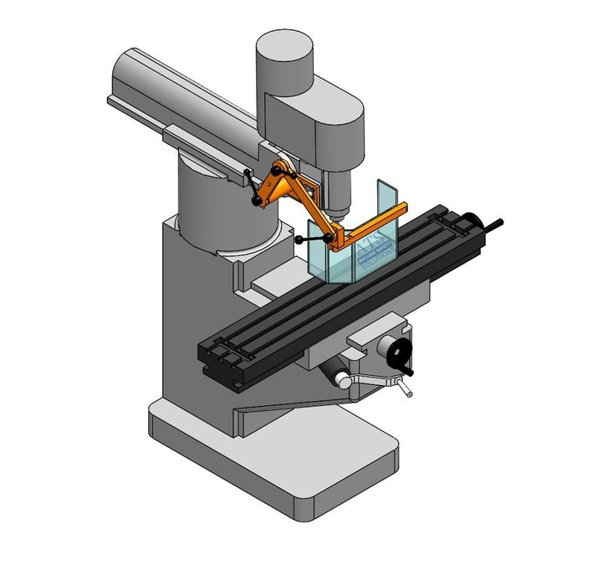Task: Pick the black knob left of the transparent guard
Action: click(299, 239)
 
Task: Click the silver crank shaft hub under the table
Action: click(343, 379)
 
